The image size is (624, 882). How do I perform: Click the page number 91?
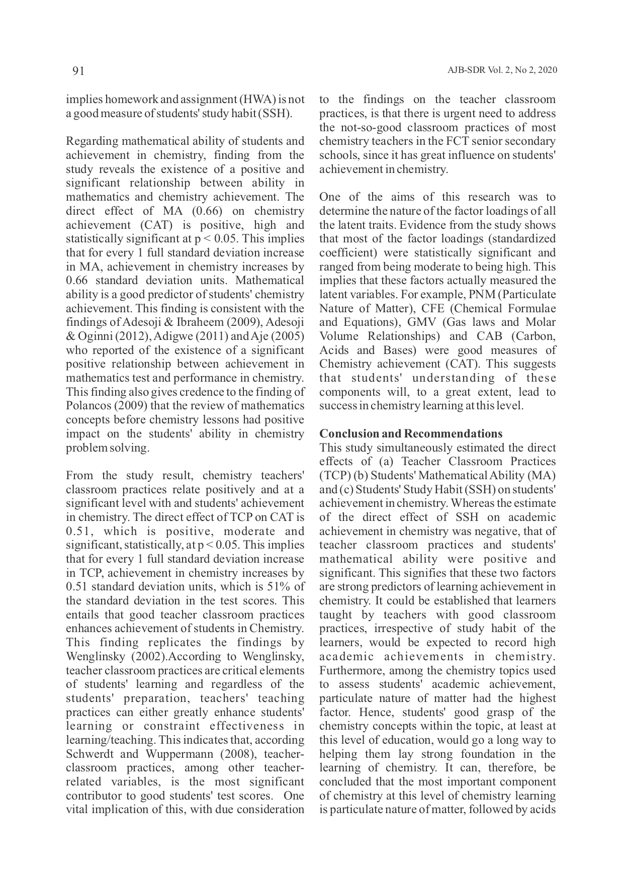tap(78, 71)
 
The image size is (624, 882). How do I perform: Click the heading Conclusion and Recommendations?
tap(411, 434)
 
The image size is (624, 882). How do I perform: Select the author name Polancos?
tap(87, 406)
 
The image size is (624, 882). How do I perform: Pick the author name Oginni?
tap(92, 336)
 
